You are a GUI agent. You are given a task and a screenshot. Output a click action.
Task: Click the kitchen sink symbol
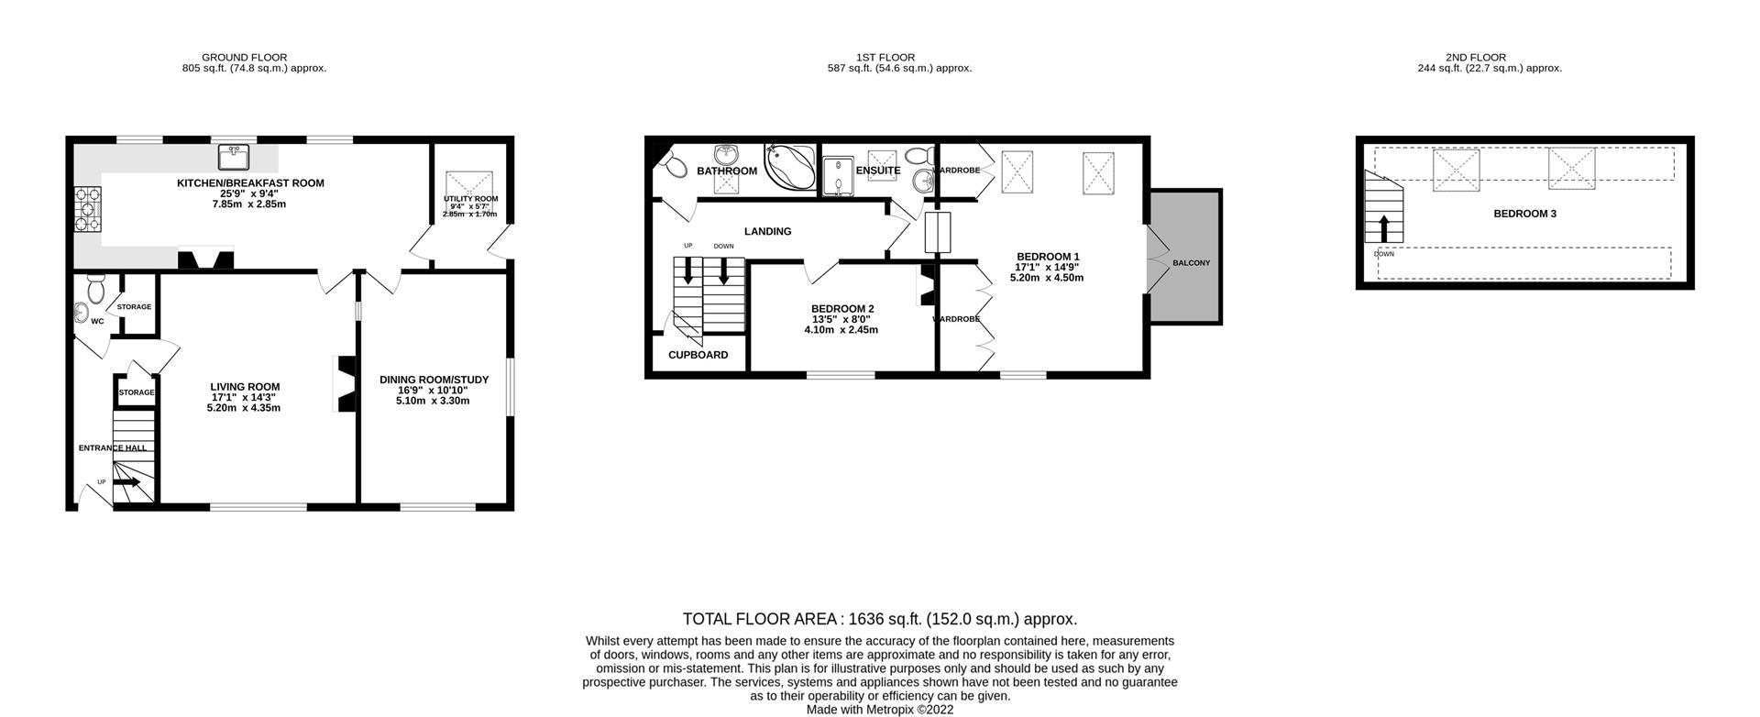click(x=235, y=158)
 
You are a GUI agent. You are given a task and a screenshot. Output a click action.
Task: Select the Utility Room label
click(x=471, y=199)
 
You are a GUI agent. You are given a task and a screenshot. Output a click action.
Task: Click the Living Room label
click(x=244, y=387)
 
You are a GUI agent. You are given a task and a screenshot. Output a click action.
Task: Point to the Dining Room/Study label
click(x=434, y=380)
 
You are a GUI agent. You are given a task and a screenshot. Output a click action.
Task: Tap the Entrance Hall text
click(x=112, y=448)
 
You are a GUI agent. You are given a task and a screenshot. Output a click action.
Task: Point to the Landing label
click(x=767, y=232)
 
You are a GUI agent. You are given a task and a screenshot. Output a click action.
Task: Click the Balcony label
click(x=1191, y=263)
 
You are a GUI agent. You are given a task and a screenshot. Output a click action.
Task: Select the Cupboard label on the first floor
click(x=698, y=355)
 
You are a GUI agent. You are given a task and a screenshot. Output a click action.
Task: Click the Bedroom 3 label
click(x=1524, y=214)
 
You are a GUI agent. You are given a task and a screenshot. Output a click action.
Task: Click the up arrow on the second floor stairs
click(x=1383, y=226)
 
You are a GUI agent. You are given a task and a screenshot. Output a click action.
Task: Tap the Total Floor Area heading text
click(x=879, y=620)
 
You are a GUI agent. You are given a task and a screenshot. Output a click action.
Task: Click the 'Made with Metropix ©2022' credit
click(x=879, y=710)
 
